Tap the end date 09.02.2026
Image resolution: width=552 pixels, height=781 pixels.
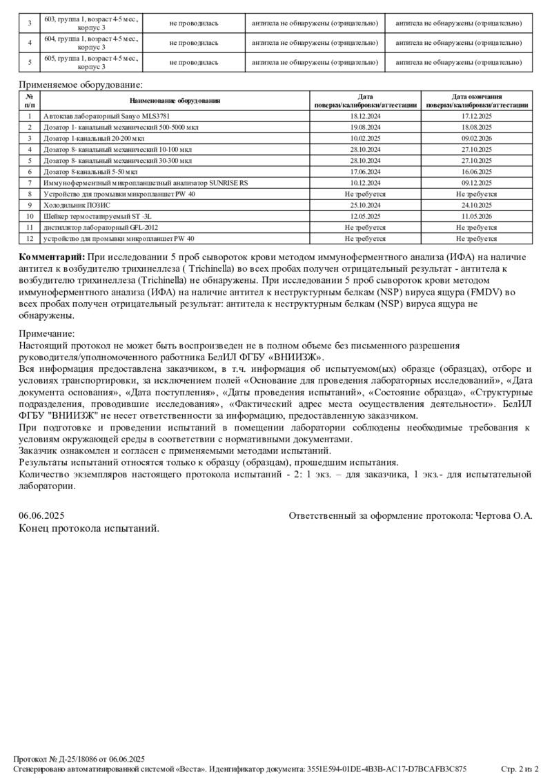[477, 139]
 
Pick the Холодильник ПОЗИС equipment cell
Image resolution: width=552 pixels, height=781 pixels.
[77, 205]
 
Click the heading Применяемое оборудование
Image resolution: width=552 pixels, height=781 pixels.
[80, 85]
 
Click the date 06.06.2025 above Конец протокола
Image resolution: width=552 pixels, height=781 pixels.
[41, 515]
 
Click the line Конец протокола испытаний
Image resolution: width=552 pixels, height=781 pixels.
[90, 528]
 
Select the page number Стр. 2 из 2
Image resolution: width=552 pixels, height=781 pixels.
[519, 769]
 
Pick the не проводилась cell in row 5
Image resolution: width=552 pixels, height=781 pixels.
[194, 62]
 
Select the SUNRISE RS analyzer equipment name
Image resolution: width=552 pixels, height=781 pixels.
[146, 183]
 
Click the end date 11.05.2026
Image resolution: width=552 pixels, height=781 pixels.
[477, 216]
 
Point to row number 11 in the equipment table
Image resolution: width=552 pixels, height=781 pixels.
[30, 227]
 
